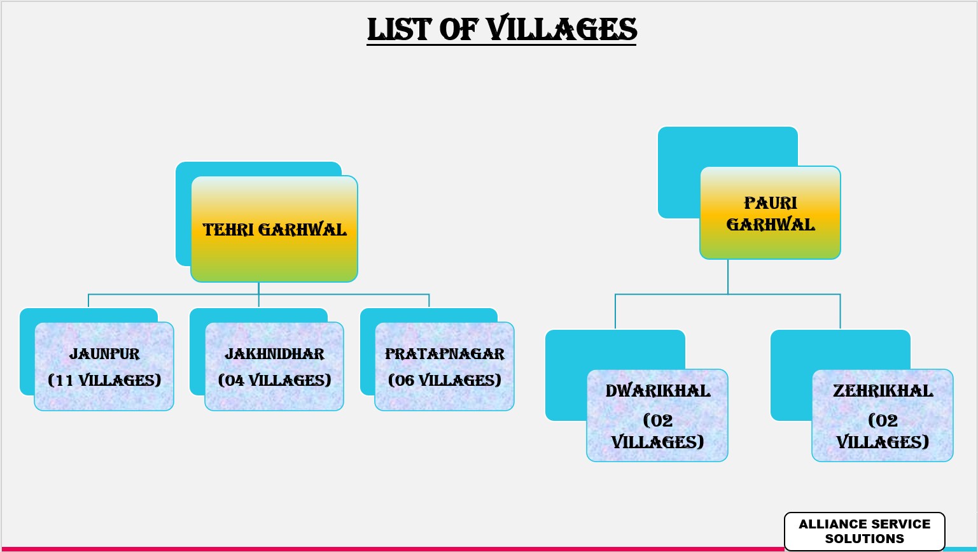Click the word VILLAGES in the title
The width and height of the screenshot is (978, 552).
[561, 29]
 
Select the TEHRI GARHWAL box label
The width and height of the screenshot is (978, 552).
[275, 230]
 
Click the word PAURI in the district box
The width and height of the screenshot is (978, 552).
[771, 203]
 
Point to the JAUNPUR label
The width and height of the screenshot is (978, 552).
[104, 354]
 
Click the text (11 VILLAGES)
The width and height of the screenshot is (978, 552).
[104, 380]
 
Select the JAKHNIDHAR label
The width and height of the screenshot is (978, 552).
[275, 354]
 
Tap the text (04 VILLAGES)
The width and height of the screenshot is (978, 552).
[275, 380]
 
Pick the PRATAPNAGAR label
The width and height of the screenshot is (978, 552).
[445, 354]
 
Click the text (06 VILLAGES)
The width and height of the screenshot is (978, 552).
[445, 380]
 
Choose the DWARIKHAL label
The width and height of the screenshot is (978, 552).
[657, 391]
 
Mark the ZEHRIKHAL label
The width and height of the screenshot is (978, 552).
[883, 391]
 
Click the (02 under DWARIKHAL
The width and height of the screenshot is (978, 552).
[657, 421]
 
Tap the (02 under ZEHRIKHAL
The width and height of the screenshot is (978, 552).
[883, 421]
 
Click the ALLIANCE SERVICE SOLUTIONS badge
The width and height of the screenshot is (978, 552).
[865, 531]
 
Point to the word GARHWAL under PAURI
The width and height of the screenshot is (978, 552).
[771, 225]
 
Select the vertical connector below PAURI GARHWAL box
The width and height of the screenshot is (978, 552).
[728, 277]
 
